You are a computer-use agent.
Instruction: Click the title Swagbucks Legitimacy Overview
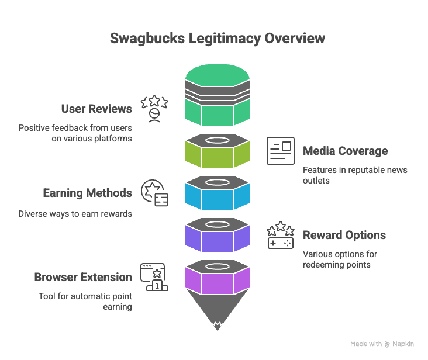point(218,39)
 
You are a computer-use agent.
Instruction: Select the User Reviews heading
point(96,109)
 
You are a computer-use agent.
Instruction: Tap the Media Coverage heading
point(345,151)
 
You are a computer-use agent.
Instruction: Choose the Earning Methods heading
point(87,193)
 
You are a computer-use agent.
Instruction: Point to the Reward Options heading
point(344,236)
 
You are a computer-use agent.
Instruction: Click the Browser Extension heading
point(83,277)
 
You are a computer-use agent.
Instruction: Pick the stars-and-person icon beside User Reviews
point(154,109)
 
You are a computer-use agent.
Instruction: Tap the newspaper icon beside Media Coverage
point(281,151)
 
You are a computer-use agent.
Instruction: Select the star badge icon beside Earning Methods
point(154,193)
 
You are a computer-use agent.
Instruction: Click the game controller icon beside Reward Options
point(281,235)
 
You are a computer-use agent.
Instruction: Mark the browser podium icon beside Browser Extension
point(154,277)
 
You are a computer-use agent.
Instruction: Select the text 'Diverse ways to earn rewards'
point(75,214)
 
